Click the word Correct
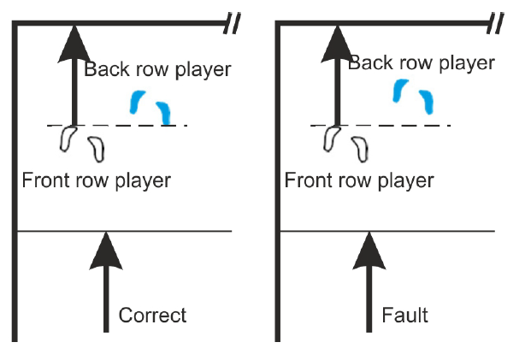tap(152, 316)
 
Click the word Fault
tap(404, 316)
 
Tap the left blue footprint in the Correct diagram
tap(136, 102)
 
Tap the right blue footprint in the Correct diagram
tap(164, 113)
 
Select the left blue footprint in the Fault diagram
tap(399, 91)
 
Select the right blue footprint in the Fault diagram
tap(427, 102)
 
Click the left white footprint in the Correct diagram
tap(68, 139)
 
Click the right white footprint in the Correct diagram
tap(97, 150)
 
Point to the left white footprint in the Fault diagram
tap(331, 139)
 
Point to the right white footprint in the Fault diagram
tap(360, 150)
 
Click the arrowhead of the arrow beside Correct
tap(106, 251)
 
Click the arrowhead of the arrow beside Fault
tap(369, 251)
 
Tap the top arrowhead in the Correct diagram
tap(74, 44)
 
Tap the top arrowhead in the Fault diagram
tap(338, 44)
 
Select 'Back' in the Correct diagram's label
tap(104, 69)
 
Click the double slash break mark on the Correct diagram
tap(232, 23)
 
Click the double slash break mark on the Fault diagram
tap(496, 23)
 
